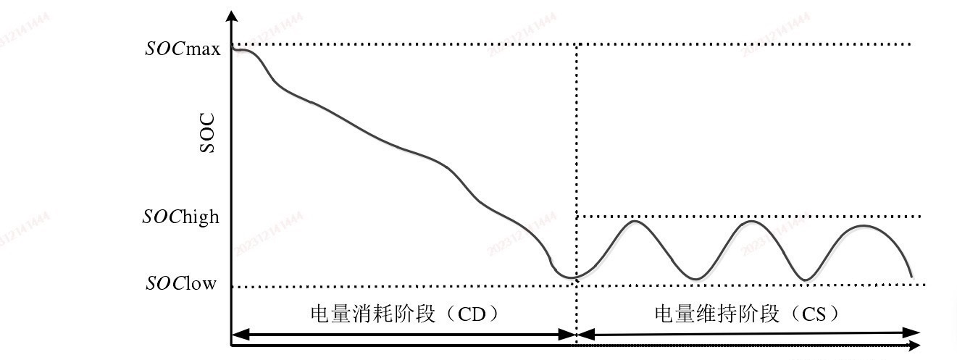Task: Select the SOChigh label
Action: point(181,217)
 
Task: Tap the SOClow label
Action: point(181,283)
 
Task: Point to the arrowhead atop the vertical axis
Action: point(231,16)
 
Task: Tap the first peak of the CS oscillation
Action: point(635,221)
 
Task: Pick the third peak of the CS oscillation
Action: point(864,226)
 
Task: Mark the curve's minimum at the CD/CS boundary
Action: point(569,277)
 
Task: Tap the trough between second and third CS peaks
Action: point(804,280)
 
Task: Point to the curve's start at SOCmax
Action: point(233,49)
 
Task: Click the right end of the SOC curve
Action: point(911,277)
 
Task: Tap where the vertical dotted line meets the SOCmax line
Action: point(577,44)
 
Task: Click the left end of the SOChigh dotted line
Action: point(577,216)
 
